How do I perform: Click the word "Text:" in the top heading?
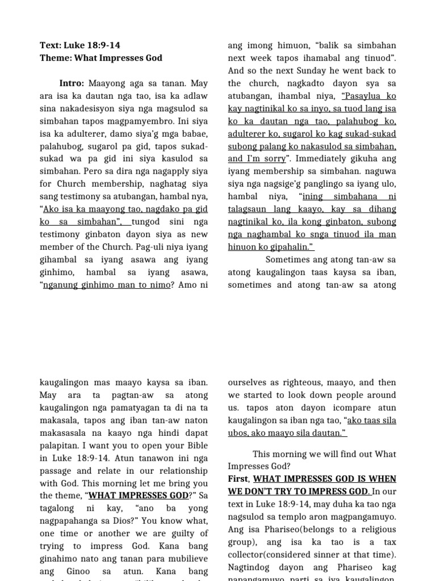point(51,45)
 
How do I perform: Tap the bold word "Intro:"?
point(72,83)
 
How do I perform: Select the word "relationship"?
point(180,471)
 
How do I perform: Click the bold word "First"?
point(238,479)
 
